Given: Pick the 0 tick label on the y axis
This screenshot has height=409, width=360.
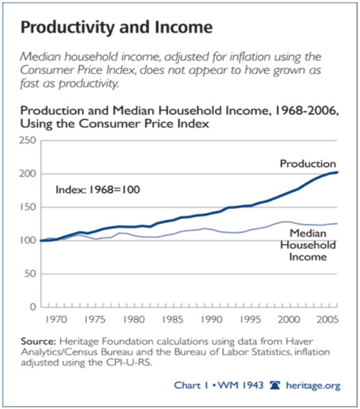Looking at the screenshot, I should [x=34, y=307].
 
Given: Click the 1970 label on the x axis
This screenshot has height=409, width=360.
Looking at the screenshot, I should [x=58, y=319].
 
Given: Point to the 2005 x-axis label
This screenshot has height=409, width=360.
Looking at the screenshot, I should [x=325, y=319].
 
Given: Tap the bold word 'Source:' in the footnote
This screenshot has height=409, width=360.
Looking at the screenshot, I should [x=37, y=342].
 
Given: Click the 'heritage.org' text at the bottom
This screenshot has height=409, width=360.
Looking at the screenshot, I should [x=313, y=386].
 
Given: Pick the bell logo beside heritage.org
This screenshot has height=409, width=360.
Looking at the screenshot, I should [x=275, y=385].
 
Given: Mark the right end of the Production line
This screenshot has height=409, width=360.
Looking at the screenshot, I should [x=338, y=173].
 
